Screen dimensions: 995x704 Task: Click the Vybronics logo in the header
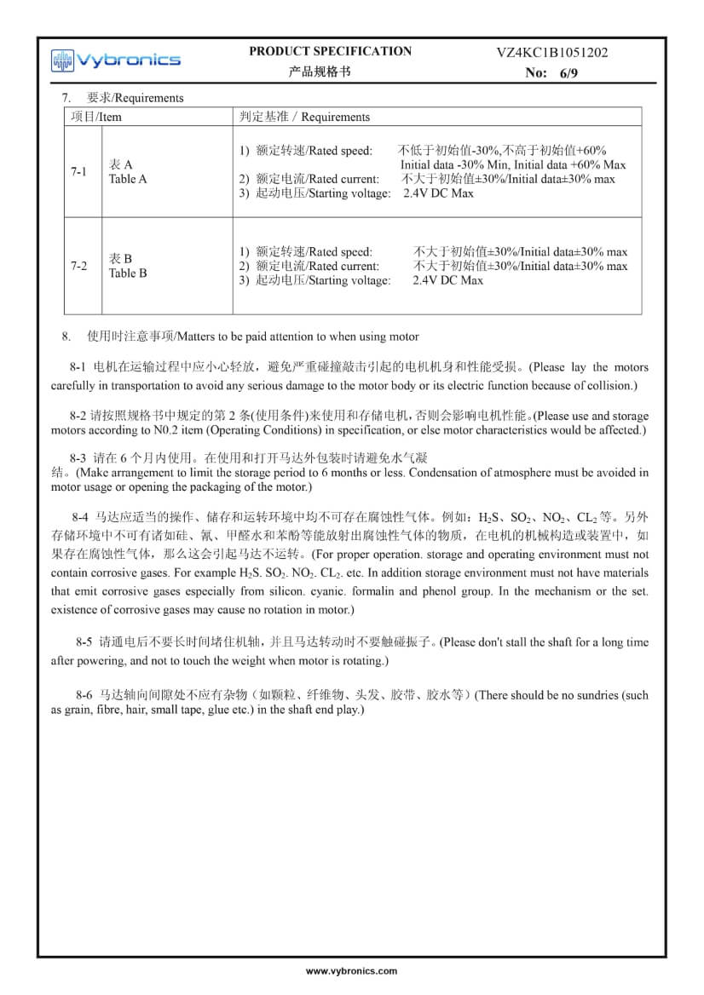(115, 60)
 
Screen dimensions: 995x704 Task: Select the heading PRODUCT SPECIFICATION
(330, 51)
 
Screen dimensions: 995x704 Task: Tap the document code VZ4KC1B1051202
(552, 53)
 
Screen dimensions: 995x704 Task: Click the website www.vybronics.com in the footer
(351, 971)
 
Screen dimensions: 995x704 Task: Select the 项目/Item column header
(96, 117)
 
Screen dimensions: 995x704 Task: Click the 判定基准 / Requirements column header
(305, 117)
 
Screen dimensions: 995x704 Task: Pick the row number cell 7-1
(79, 172)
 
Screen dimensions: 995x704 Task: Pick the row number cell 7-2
(79, 267)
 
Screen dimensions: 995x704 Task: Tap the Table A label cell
(128, 172)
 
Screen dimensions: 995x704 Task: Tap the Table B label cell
(128, 267)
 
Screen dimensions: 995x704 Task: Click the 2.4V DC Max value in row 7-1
(438, 193)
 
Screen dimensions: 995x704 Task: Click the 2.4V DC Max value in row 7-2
(447, 280)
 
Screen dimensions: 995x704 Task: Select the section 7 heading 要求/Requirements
(135, 98)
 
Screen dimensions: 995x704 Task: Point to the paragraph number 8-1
(78, 368)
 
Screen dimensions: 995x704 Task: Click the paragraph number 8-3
(78, 457)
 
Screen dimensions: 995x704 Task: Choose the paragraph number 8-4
(81, 517)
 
